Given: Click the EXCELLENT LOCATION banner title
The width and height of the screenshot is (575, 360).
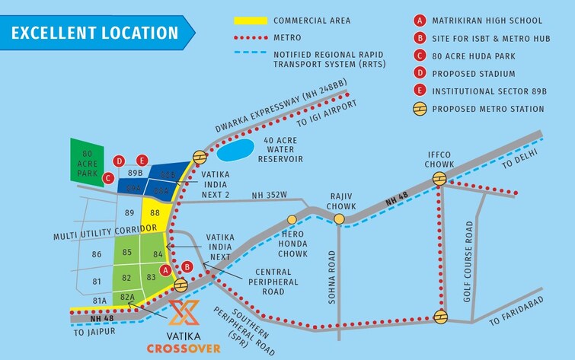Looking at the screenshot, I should point(95,33).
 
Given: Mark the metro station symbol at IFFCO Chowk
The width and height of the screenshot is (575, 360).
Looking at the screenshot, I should point(439,179).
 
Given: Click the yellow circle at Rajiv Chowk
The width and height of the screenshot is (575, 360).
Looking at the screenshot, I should point(339,219).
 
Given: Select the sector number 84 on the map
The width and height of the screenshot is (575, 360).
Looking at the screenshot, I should point(158,253).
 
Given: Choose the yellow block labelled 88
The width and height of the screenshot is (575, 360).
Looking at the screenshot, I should point(155,213).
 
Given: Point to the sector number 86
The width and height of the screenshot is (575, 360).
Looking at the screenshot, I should point(97,254).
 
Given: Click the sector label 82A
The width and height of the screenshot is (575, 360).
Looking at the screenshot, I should point(127,298).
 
